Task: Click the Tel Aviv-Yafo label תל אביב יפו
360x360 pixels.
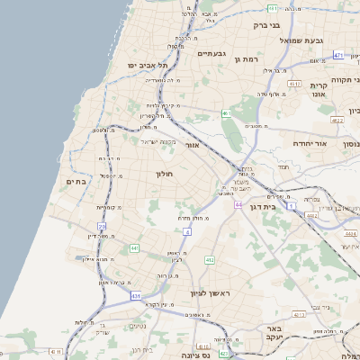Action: (131, 66)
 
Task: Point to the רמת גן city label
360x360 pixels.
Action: (245, 58)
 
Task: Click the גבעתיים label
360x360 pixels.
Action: (210, 54)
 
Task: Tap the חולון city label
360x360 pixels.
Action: (164, 173)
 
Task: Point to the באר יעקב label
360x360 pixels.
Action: (274, 335)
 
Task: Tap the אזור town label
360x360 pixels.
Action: (191, 144)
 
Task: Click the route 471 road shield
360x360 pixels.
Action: (337, 56)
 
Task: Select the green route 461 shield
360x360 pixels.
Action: (226, 113)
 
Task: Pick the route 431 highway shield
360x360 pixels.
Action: (136, 295)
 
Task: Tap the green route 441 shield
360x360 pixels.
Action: (134, 247)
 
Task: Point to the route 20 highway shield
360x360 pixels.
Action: (102, 226)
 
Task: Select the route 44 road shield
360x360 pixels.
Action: (238, 204)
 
